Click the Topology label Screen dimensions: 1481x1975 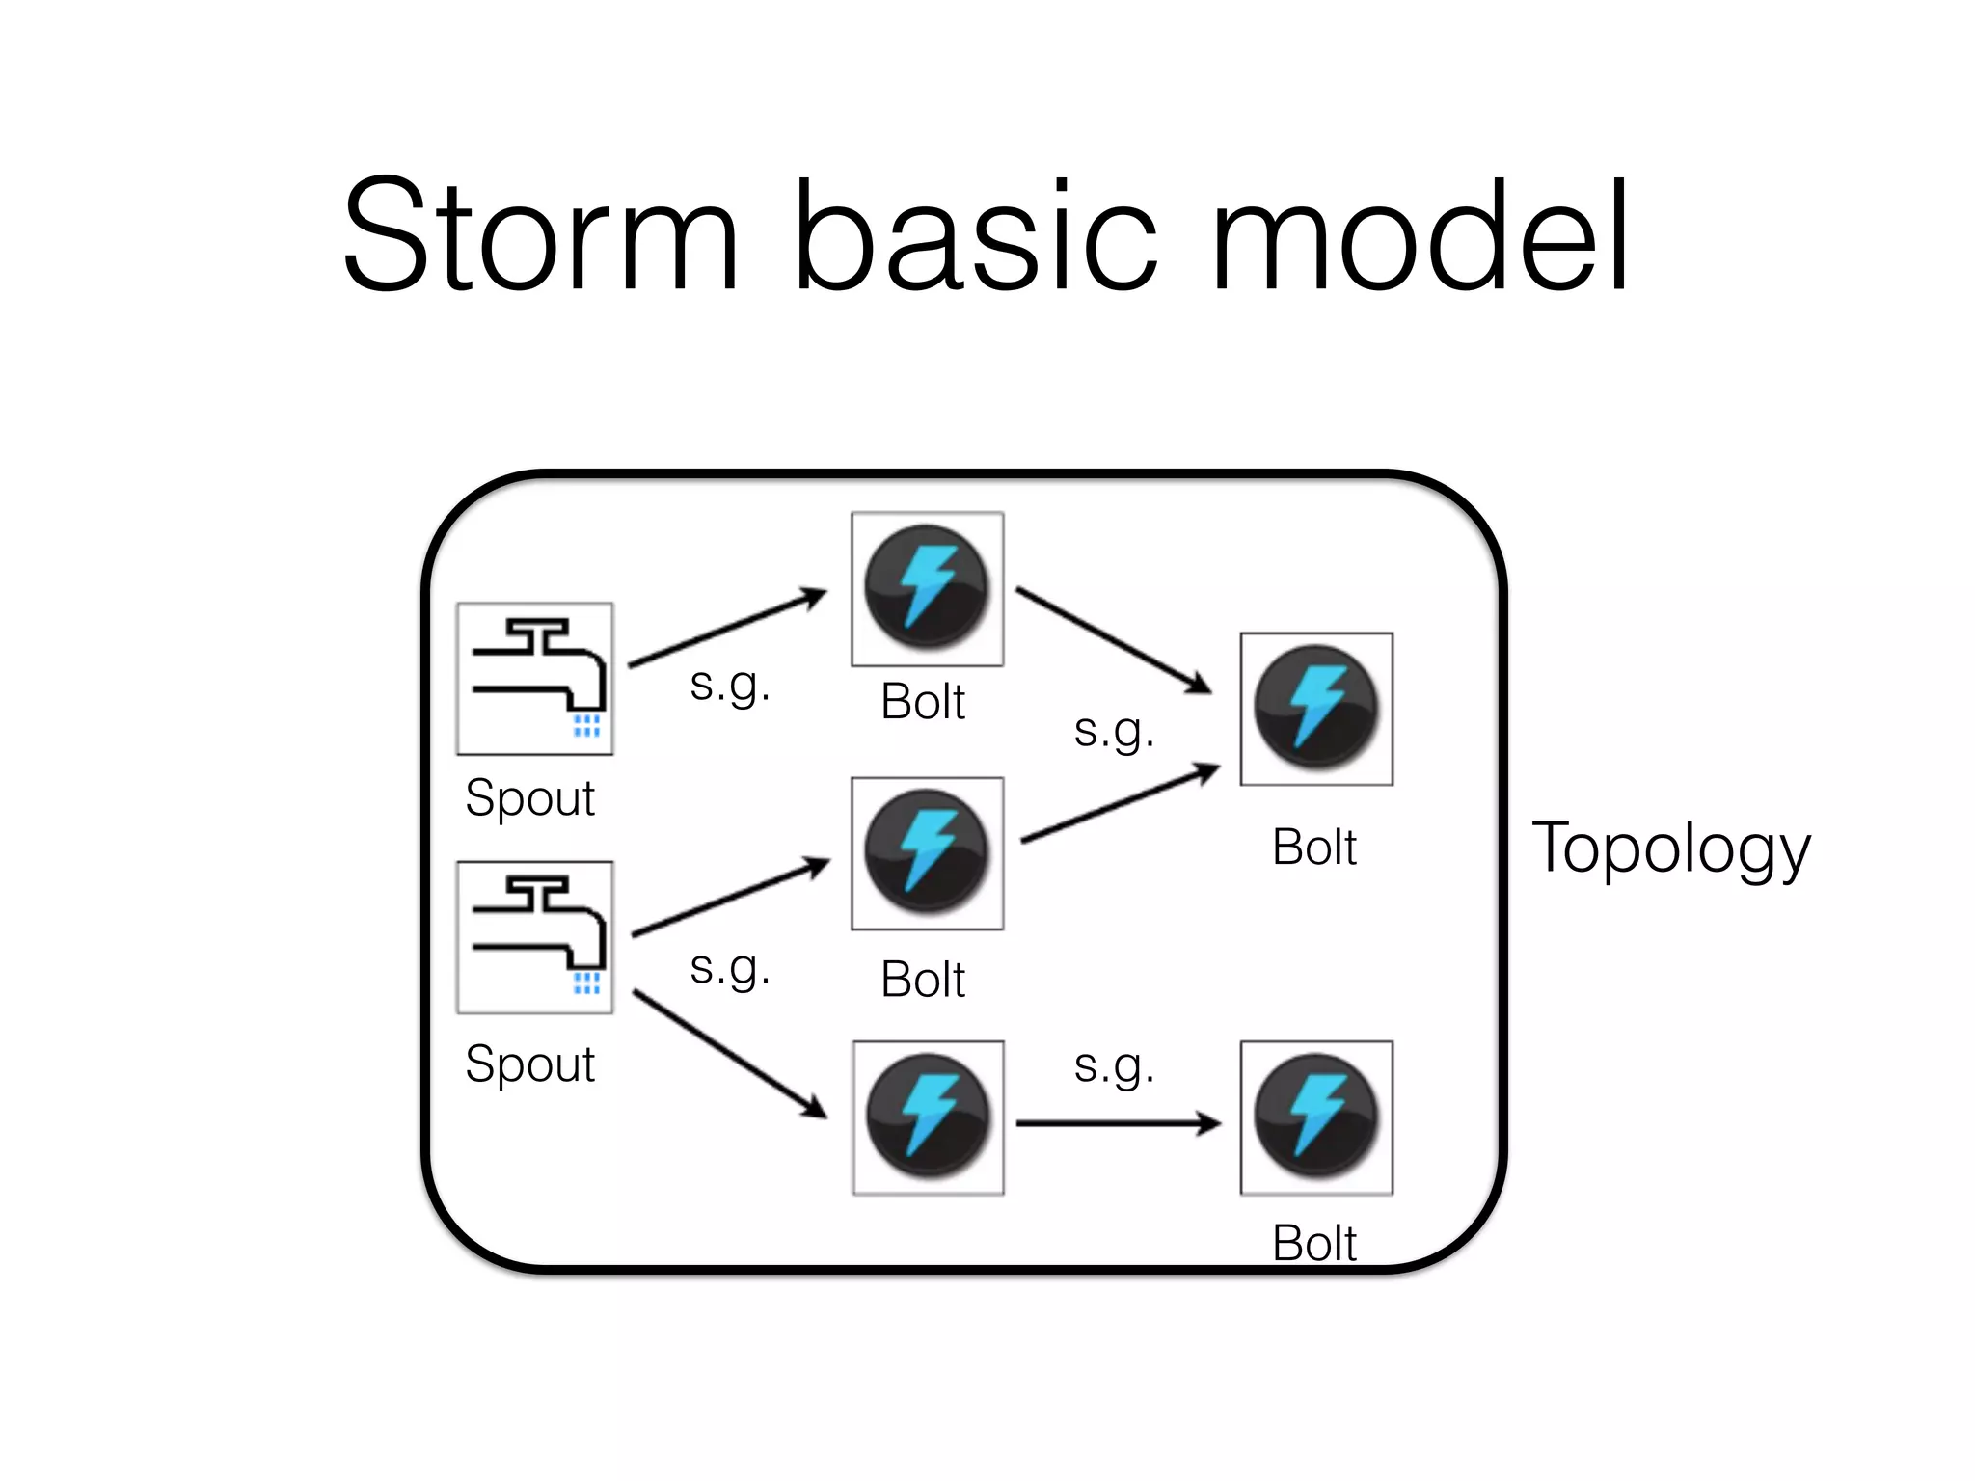click(x=1671, y=848)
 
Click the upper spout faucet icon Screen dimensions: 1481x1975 click(x=534, y=678)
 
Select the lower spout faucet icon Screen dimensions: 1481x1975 click(x=534, y=936)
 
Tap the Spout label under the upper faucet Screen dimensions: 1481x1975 click(x=529, y=798)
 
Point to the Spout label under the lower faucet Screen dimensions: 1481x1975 click(x=529, y=1064)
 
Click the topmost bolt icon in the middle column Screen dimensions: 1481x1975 click(x=927, y=588)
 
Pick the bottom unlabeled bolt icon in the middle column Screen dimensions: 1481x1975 click(x=928, y=1117)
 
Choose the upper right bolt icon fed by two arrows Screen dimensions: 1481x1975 click(x=1316, y=709)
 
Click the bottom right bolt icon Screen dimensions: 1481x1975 click(x=1316, y=1117)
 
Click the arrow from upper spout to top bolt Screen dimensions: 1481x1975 click(x=727, y=628)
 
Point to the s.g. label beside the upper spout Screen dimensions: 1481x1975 click(x=730, y=686)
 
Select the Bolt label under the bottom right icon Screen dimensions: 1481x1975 click(x=1313, y=1244)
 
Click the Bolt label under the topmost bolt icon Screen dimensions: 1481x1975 click(x=923, y=702)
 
